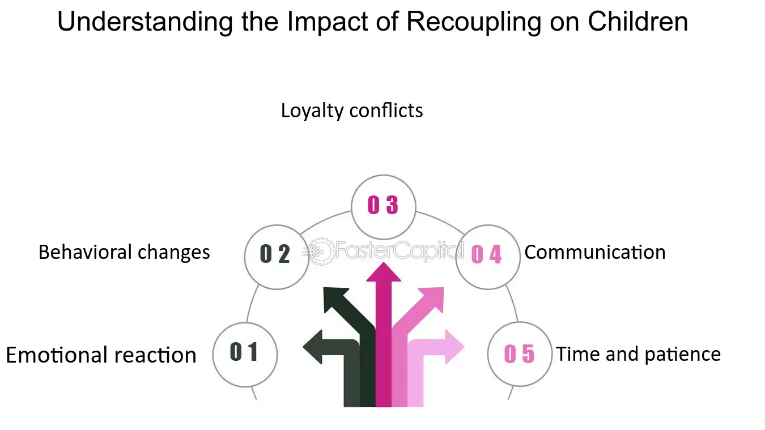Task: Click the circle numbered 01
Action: pos(245,354)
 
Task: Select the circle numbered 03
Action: pos(384,206)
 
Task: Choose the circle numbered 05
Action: pos(520,354)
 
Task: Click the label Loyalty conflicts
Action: pos(352,110)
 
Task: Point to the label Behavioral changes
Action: pos(124,252)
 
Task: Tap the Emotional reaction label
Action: pos(101,355)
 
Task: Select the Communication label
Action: pos(595,252)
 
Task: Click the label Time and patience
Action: pos(639,354)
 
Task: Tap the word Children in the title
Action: pos(638,23)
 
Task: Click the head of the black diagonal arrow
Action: pos(334,299)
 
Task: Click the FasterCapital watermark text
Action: pos(397,250)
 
